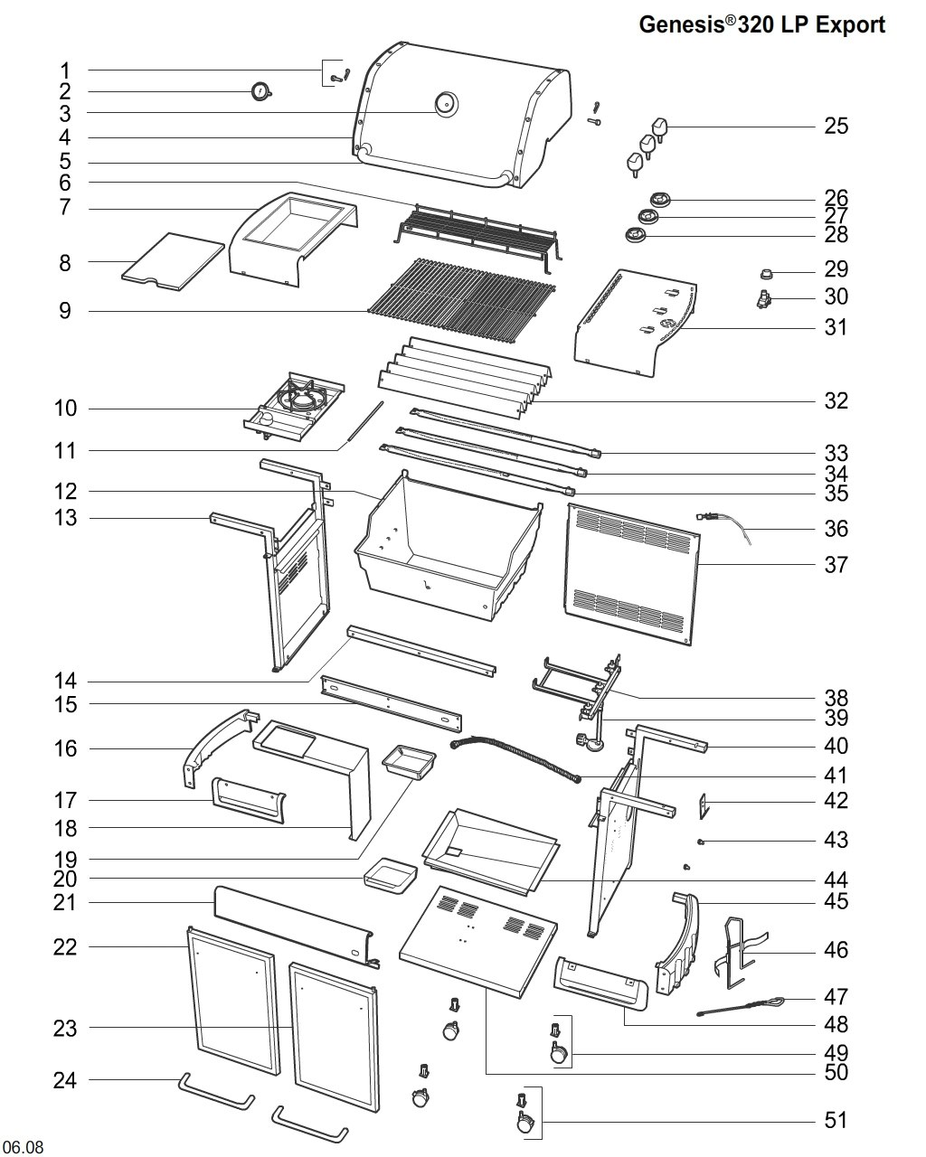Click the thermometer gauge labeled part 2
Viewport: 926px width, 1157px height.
pyautogui.click(x=261, y=92)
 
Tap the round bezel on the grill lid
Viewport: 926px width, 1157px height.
pyautogui.click(x=446, y=103)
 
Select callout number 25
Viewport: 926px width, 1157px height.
pyautogui.click(x=836, y=127)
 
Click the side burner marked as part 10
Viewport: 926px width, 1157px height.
pyautogui.click(x=293, y=407)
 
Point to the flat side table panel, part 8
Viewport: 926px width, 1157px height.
pyautogui.click(x=173, y=262)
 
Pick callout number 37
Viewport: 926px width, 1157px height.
pyautogui.click(x=836, y=565)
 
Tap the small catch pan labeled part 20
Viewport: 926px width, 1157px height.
pyautogui.click(x=390, y=879)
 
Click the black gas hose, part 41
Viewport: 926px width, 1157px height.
pyautogui.click(x=516, y=758)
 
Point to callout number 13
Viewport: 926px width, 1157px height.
pyautogui.click(x=65, y=518)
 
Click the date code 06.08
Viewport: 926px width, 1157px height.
pyautogui.click(x=23, y=1145)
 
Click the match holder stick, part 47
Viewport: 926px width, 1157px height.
pyautogui.click(x=740, y=1006)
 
